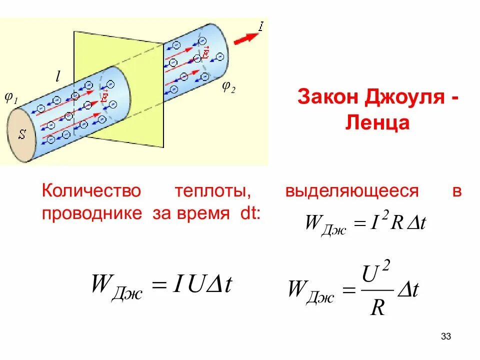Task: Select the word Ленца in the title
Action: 377,122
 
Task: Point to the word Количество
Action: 92,191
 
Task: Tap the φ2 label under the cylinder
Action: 229,88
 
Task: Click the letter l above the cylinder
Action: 57,76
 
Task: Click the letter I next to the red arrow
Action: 260,25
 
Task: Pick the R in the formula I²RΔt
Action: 396,223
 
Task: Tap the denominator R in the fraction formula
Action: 377,307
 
